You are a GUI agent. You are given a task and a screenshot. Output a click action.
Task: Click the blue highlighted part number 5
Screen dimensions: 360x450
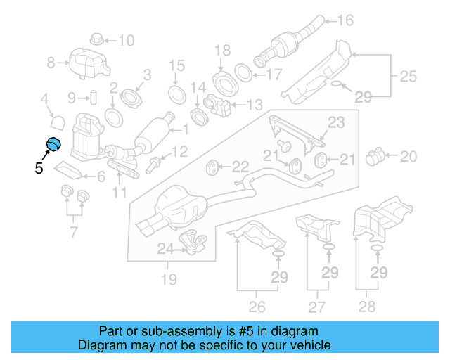[54, 145]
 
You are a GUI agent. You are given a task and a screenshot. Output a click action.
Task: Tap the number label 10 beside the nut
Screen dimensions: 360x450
[125, 40]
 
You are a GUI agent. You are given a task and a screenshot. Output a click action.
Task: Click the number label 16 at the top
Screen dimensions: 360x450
[346, 20]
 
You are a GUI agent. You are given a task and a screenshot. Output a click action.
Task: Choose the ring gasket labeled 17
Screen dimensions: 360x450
[242, 73]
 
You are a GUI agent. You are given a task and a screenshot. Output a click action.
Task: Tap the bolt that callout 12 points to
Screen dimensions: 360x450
[154, 166]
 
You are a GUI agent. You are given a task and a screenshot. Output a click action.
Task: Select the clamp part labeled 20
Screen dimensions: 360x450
[378, 154]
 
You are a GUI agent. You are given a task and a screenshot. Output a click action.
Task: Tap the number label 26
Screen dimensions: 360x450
[257, 307]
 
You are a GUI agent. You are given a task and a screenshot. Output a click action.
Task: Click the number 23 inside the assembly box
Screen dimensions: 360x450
[336, 123]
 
